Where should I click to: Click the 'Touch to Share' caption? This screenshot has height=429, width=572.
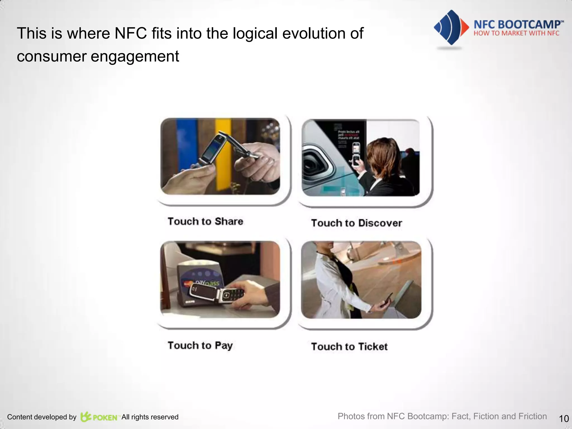205,221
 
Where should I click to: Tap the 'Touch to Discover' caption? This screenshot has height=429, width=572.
356,223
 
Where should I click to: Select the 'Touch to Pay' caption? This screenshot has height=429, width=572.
200,345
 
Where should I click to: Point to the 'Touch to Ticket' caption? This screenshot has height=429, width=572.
349,347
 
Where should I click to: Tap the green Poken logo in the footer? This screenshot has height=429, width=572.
99,417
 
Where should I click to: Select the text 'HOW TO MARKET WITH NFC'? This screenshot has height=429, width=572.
516,34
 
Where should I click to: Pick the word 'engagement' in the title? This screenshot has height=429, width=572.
135,56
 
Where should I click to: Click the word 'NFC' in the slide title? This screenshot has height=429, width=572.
131,34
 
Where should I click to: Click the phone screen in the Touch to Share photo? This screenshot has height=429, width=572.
212,149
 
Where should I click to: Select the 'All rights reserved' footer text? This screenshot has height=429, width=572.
150,417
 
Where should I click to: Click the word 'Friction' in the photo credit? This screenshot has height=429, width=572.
532,416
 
